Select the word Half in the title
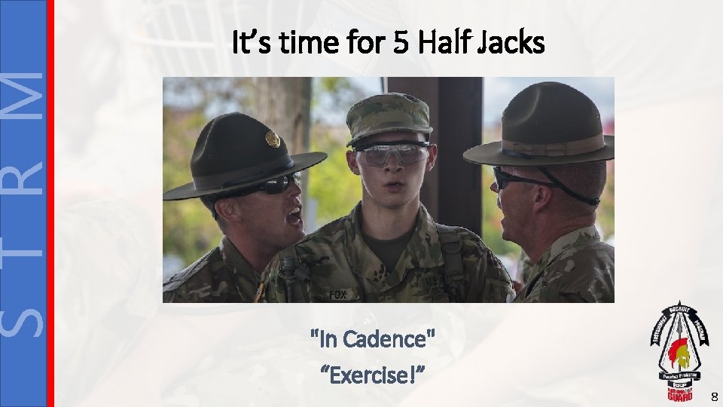pyautogui.click(x=444, y=44)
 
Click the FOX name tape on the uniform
pyautogui.click(x=338, y=294)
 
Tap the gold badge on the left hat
pyautogui.click(x=272, y=139)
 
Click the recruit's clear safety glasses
pyautogui.click(x=391, y=155)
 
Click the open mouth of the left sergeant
pyautogui.click(x=293, y=217)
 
